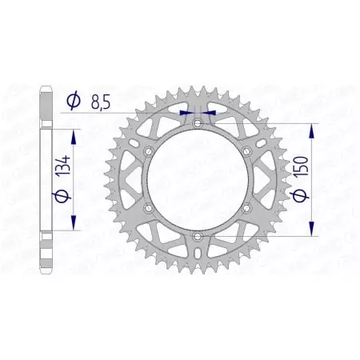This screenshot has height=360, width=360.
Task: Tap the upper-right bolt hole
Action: [246, 150]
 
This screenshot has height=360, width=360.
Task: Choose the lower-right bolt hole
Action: [246, 207]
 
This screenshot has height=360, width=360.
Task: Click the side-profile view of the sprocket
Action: [46, 179]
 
